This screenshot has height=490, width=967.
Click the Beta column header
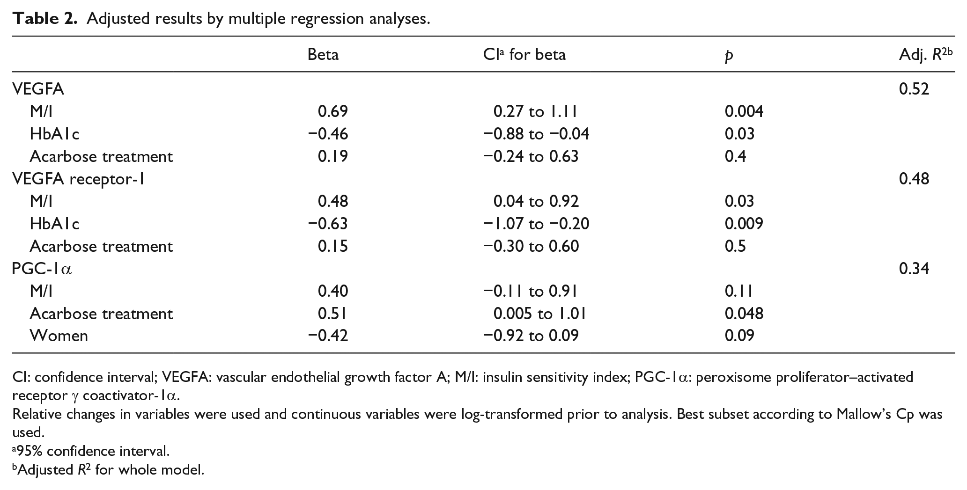click(323, 55)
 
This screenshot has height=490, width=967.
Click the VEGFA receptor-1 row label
click(78, 179)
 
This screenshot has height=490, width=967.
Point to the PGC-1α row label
click(42, 269)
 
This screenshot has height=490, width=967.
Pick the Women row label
click(59, 336)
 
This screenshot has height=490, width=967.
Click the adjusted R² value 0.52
click(914, 89)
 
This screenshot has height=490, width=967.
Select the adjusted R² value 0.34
click(914, 269)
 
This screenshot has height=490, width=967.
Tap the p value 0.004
click(744, 111)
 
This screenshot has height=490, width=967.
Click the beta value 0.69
click(333, 111)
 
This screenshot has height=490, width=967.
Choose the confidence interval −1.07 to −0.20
click(536, 224)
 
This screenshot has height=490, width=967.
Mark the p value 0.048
click(744, 314)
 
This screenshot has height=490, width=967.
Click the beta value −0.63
click(328, 224)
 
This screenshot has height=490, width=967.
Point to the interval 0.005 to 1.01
click(540, 314)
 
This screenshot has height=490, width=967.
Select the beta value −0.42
click(328, 336)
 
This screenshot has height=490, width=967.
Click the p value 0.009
click(744, 224)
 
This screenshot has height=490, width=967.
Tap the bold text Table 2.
click(44, 19)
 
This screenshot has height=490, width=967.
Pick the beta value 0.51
click(332, 314)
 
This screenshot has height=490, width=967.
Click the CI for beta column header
click(524, 55)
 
